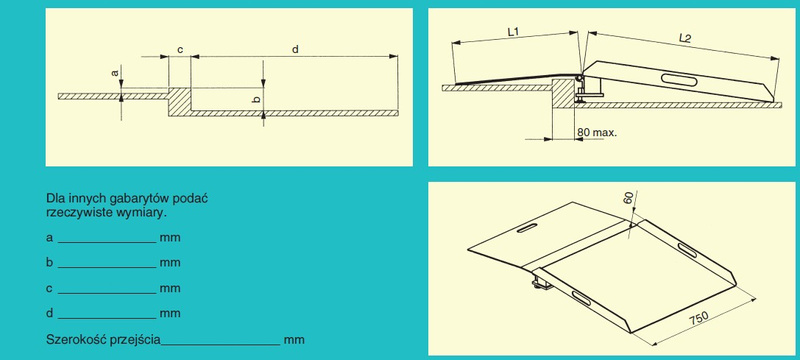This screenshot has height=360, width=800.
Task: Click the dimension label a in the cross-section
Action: point(115,73)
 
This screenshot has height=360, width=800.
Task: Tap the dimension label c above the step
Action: point(180,49)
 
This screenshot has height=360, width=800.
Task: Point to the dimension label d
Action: point(295,49)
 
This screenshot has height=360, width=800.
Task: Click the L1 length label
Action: point(513,32)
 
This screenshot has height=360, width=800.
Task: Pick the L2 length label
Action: point(685,37)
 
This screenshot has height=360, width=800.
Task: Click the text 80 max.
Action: point(597,133)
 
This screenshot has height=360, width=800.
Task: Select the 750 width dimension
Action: point(698,318)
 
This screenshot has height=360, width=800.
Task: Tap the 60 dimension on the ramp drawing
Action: point(629,197)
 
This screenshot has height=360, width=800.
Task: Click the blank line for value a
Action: point(107,243)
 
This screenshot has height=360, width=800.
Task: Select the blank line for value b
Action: point(107,268)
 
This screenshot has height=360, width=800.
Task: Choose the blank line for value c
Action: point(107,293)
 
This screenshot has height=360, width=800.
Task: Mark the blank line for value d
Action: point(107,318)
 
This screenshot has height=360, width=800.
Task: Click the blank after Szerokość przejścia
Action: point(220,345)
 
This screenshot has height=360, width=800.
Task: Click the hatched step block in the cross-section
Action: point(179,101)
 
